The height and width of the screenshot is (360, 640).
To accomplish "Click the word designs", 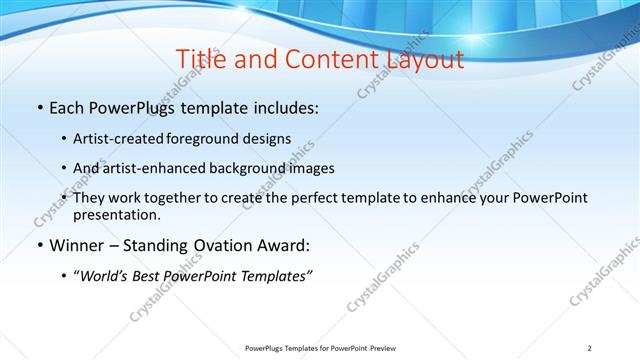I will (x=270, y=138).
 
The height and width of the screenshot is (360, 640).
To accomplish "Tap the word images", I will (x=311, y=168).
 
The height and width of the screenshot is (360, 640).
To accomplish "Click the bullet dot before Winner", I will (x=39, y=246).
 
